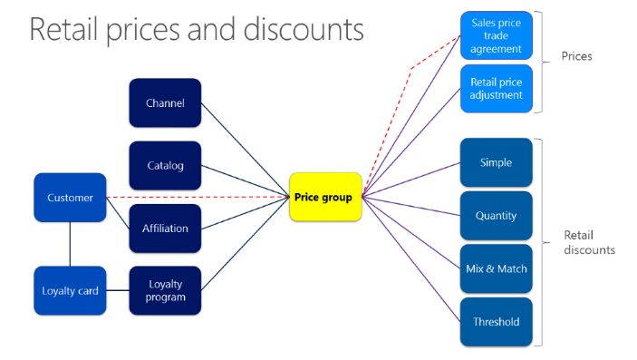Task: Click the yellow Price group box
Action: pos(325,197)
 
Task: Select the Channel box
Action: pos(165,102)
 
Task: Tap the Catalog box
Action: pos(165,165)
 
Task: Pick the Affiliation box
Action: pos(165,229)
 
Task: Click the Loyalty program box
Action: pos(165,290)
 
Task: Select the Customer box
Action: pos(70,197)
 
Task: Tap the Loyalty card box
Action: pos(70,290)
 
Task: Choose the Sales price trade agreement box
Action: pos(496,36)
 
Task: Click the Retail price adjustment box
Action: pos(496,88)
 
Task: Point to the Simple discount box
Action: pos(496,162)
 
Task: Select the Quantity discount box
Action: pos(496,216)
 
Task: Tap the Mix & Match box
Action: pos(496,268)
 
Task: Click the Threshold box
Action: pos(496,321)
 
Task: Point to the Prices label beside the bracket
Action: pos(576,56)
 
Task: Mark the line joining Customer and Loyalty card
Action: pos(70,244)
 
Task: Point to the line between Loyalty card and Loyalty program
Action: pos(118,290)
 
